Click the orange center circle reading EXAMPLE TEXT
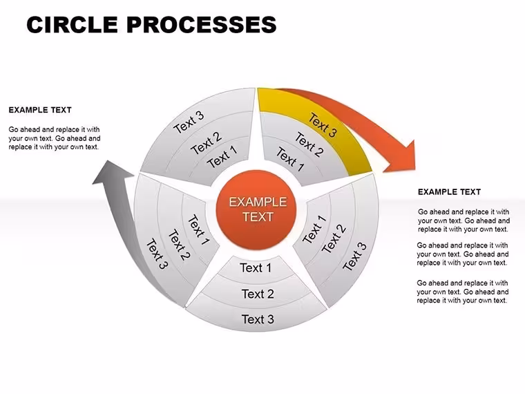(x=256, y=209)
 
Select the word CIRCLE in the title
(x=72, y=24)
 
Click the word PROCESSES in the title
(x=202, y=24)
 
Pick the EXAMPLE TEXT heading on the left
(x=40, y=110)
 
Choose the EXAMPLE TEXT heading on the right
(x=449, y=192)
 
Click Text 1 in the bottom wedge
(x=256, y=268)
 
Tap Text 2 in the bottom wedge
(x=258, y=294)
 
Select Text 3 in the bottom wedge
(x=258, y=319)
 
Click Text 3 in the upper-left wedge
(x=189, y=122)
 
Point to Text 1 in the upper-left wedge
(x=222, y=157)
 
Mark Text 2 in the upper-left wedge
(x=206, y=142)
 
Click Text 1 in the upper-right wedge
(x=290, y=159)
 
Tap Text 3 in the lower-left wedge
(x=157, y=254)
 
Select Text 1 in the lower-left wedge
(x=199, y=229)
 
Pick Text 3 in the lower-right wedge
(x=355, y=256)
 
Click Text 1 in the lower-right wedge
(x=314, y=229)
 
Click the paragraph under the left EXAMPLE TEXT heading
(x=55, y=138)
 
